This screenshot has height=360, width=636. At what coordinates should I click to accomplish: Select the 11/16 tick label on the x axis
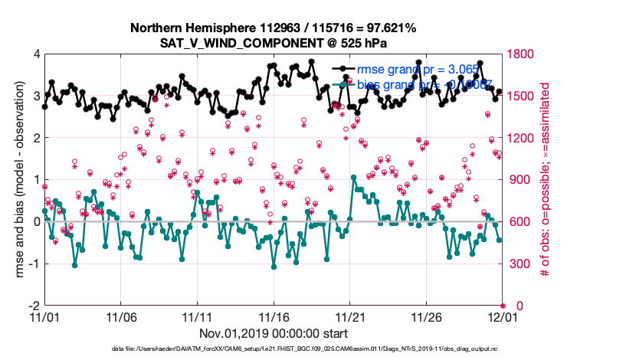[274, 316]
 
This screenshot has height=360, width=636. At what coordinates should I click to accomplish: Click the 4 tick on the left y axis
[36, 54]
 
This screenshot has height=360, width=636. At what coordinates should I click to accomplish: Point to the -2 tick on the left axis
[34, 306]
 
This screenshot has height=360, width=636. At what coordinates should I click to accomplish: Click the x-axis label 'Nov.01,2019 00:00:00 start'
[274, 333]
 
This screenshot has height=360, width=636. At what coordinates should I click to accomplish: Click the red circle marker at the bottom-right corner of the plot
[503, 306]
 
